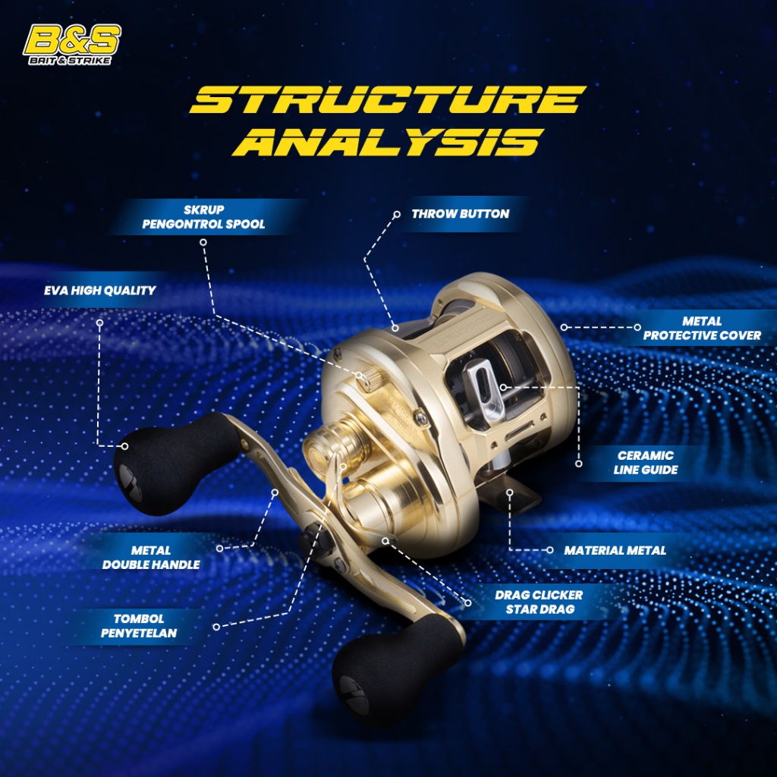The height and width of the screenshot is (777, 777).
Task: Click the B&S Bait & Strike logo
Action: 73,45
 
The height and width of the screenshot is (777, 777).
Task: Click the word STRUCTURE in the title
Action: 387,100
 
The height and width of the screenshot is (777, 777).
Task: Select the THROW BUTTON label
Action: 460,214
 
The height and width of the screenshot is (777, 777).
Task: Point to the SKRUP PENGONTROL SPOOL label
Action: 203,218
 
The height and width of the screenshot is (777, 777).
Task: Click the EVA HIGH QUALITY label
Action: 100,290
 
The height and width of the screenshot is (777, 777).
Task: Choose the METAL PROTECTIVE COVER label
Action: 702,328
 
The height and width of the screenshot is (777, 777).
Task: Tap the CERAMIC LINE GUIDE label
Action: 646,462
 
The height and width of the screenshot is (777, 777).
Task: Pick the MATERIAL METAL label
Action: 615,550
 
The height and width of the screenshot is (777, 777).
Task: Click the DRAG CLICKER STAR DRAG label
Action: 539,602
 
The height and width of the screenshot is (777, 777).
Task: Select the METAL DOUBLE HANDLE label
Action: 152,557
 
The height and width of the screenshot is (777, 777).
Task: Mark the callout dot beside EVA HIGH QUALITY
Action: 99,322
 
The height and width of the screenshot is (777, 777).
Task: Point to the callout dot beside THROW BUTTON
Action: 396,215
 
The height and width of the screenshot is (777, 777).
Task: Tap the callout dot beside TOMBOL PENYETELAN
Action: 216,627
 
